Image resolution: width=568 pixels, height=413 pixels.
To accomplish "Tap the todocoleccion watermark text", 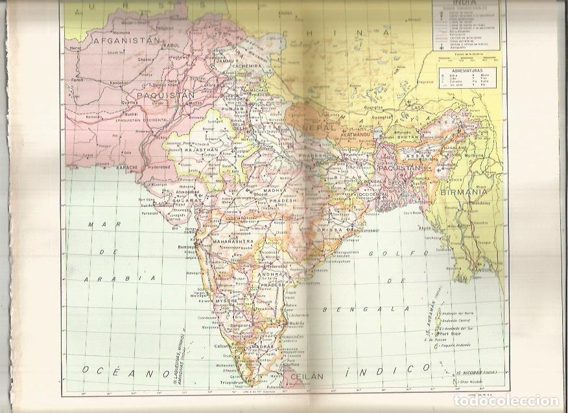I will point(508,400).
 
